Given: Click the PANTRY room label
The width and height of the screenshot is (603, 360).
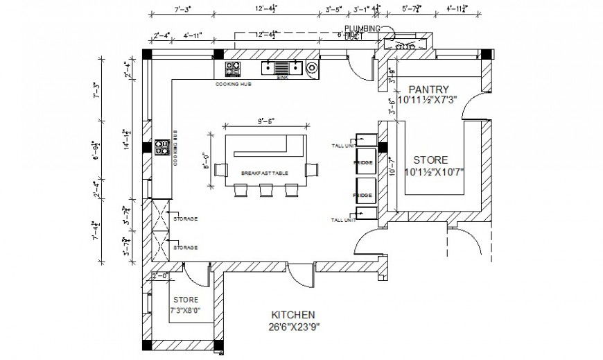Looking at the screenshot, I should (x=428, y=89).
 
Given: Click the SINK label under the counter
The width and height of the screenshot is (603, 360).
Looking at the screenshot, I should (x=281, y=78).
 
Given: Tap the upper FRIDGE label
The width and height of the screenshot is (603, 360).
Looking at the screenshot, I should (x=363, y=163).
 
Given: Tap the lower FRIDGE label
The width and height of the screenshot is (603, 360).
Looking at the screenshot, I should (x=363, y=195).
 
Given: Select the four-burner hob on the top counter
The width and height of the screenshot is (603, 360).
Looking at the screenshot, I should (x=233, y=69).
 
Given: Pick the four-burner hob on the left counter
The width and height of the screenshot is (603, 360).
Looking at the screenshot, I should (x=162, y=147).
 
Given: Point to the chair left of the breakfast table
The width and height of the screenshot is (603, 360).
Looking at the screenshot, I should (x=221, y=169).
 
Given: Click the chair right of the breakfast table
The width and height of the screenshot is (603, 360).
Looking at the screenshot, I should (x=313, y=169).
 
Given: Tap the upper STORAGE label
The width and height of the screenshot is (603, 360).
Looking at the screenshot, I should (x=185, y=218).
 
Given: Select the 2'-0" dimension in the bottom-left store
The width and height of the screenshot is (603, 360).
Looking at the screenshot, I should (x=160, y=275).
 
